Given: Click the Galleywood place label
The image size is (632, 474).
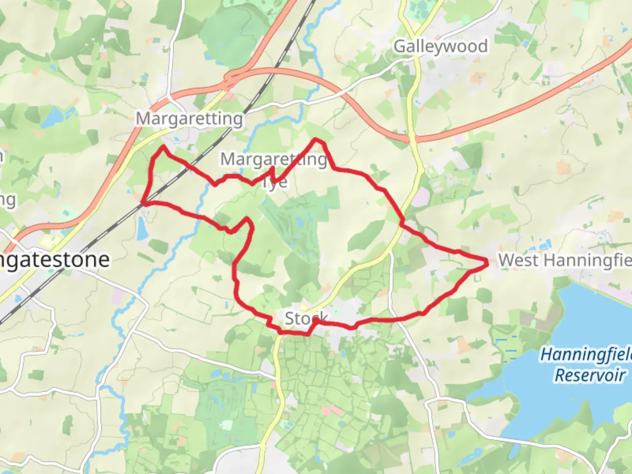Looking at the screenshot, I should [x=440, y=46].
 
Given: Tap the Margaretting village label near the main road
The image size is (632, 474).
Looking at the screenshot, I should [x=189, y=118].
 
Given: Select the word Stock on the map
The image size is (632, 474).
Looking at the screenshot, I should [x=306, y=318].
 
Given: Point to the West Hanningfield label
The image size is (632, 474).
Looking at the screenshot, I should [x=564, y=260].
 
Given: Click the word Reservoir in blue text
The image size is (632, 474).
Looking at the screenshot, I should [x=589, y=375].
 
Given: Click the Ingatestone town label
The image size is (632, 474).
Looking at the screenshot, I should [x=55, y=259].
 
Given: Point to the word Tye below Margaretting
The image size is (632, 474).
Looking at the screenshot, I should [x=275, y=182].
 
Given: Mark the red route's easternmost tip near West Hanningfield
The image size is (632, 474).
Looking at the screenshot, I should [x=487, y=263].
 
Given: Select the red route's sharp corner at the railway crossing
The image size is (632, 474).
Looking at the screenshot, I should [x=143, y=203].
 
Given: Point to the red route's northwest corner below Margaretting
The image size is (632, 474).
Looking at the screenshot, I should [x=163, y=147].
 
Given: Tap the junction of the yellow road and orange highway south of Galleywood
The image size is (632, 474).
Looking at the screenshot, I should [x=413, y=139].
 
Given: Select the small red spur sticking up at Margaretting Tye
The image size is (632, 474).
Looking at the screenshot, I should [x=273, y=169].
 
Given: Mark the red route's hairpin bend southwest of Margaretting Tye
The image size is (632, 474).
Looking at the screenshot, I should [x=248, y=218].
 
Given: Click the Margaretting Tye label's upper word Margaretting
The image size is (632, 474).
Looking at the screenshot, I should [x=273, y=159].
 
